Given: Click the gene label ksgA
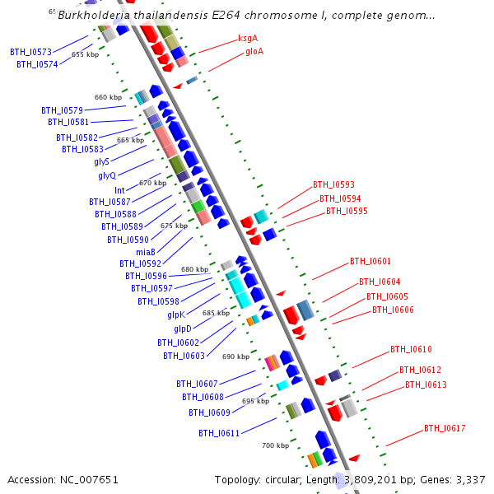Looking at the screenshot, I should (248, 38).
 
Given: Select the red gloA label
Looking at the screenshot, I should (254, 51).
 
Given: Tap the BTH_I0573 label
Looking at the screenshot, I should (30, 52).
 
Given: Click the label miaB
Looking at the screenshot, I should (145, 251).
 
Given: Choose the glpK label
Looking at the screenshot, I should (176, 315).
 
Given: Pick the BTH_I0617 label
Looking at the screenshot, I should (445, 428).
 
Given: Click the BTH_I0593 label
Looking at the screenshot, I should (333, 184).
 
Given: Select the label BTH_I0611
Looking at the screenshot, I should (219, 433).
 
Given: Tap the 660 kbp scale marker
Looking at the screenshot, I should (108, 97).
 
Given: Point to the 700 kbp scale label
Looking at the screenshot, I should (275, 445).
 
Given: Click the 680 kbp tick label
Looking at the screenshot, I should (194, 269).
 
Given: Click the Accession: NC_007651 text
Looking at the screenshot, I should (63, 479).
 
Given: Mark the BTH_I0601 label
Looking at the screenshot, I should (370, 261).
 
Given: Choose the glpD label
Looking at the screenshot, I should (182, 329).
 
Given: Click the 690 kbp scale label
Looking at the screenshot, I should (235, 357).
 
